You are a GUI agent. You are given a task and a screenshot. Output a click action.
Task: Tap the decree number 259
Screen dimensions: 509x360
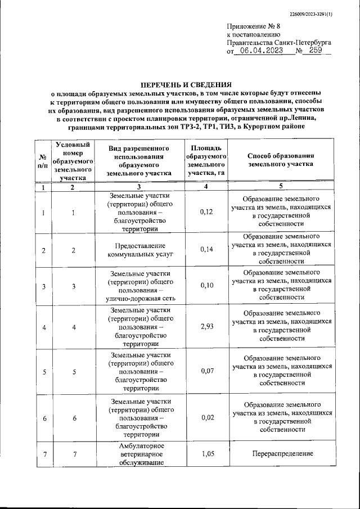[315, 50]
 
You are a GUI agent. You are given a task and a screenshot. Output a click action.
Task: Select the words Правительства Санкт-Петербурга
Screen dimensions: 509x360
[278, 42]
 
